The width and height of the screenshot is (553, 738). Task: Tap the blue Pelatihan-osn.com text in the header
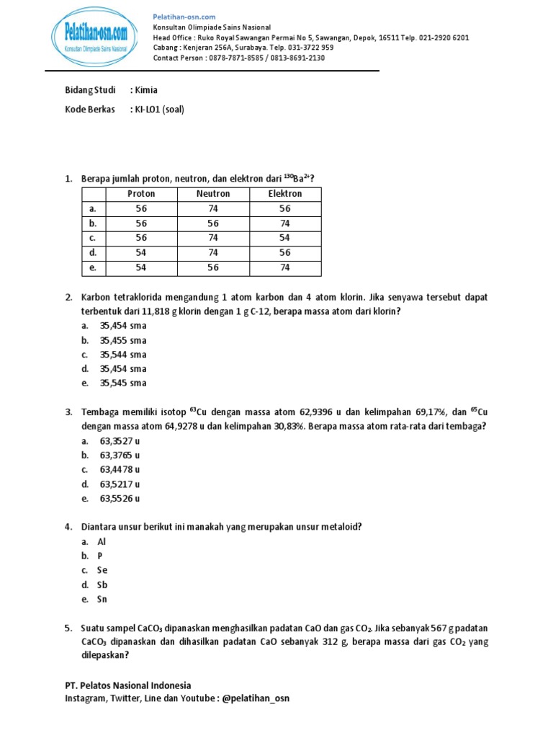click(x=184, y=17)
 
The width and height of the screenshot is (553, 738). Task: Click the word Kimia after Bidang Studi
click(x=146, y=90)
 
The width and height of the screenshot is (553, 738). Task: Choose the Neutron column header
click(x=213, y=194)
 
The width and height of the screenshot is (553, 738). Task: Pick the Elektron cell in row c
click(x=285, y=238)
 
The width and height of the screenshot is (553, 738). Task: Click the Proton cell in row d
click(x=141, y=253)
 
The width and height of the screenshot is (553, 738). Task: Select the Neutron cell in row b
click(x=213, y=223)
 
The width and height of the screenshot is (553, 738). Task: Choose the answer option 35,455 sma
click(x=123, y=340)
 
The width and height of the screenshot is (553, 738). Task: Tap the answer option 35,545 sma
click(x=123, y=383)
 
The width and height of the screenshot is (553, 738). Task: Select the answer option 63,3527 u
click(x=120, y=441)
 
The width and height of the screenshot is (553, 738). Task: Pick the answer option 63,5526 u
click(x=120, y=499)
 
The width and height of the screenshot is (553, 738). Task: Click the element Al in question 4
click(x=101, y=542)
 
